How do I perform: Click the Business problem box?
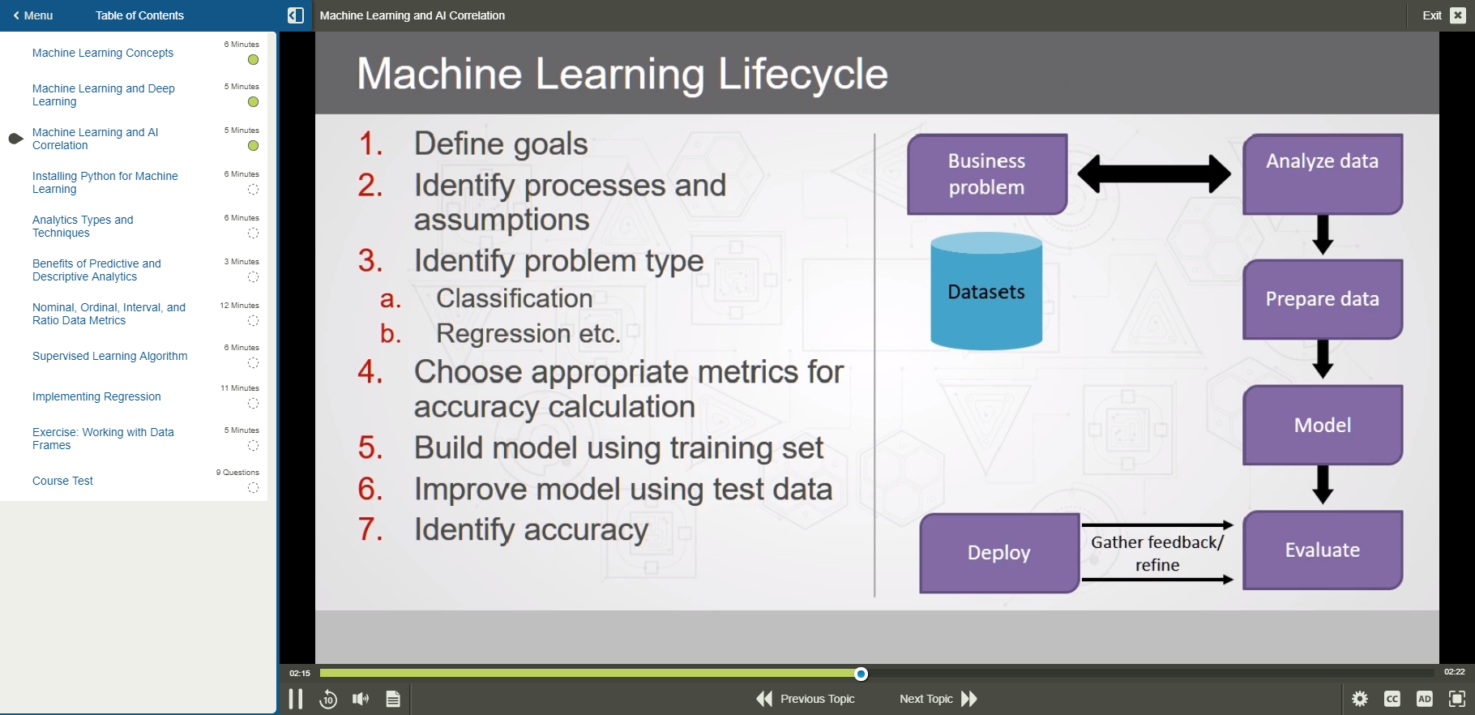pos(986,174)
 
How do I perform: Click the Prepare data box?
pos(1322,299)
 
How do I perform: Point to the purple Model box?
pos(1322,425)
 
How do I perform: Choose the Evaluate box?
pos(1322,550)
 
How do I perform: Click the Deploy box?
pos(998,553)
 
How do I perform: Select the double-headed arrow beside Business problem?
pos(1154,173)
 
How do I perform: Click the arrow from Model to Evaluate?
pos(1323,485)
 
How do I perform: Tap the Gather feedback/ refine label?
pos(1156,553)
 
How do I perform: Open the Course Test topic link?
pos(62,481)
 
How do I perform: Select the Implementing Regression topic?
pos(96,396)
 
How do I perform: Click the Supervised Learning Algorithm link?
pos(109,356)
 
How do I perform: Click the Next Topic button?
pos(938,699)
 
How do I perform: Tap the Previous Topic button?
pos(806,699)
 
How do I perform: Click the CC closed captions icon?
pos(1392,699)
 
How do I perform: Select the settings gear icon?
pos(1359,699)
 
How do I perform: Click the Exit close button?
pos(1457,15)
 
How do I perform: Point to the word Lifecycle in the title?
pos(802,74)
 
